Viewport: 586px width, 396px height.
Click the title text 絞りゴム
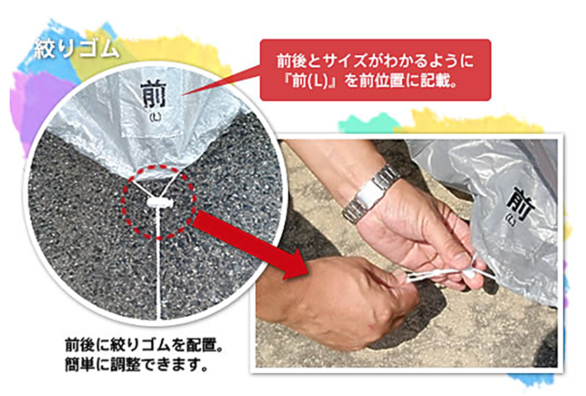tap(77, 49)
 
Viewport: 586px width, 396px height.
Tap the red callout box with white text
tap(375, 70)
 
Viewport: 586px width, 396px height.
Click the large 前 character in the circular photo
tap(154, 95)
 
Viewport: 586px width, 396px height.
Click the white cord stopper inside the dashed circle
tap(161, 203)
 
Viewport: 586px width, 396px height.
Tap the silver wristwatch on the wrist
tap(370, 194)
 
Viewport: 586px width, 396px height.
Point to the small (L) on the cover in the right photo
tap(512, 222)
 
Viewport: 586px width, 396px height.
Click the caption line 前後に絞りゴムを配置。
tap(144, 345)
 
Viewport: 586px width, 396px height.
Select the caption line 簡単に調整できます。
tap(136, 365)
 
